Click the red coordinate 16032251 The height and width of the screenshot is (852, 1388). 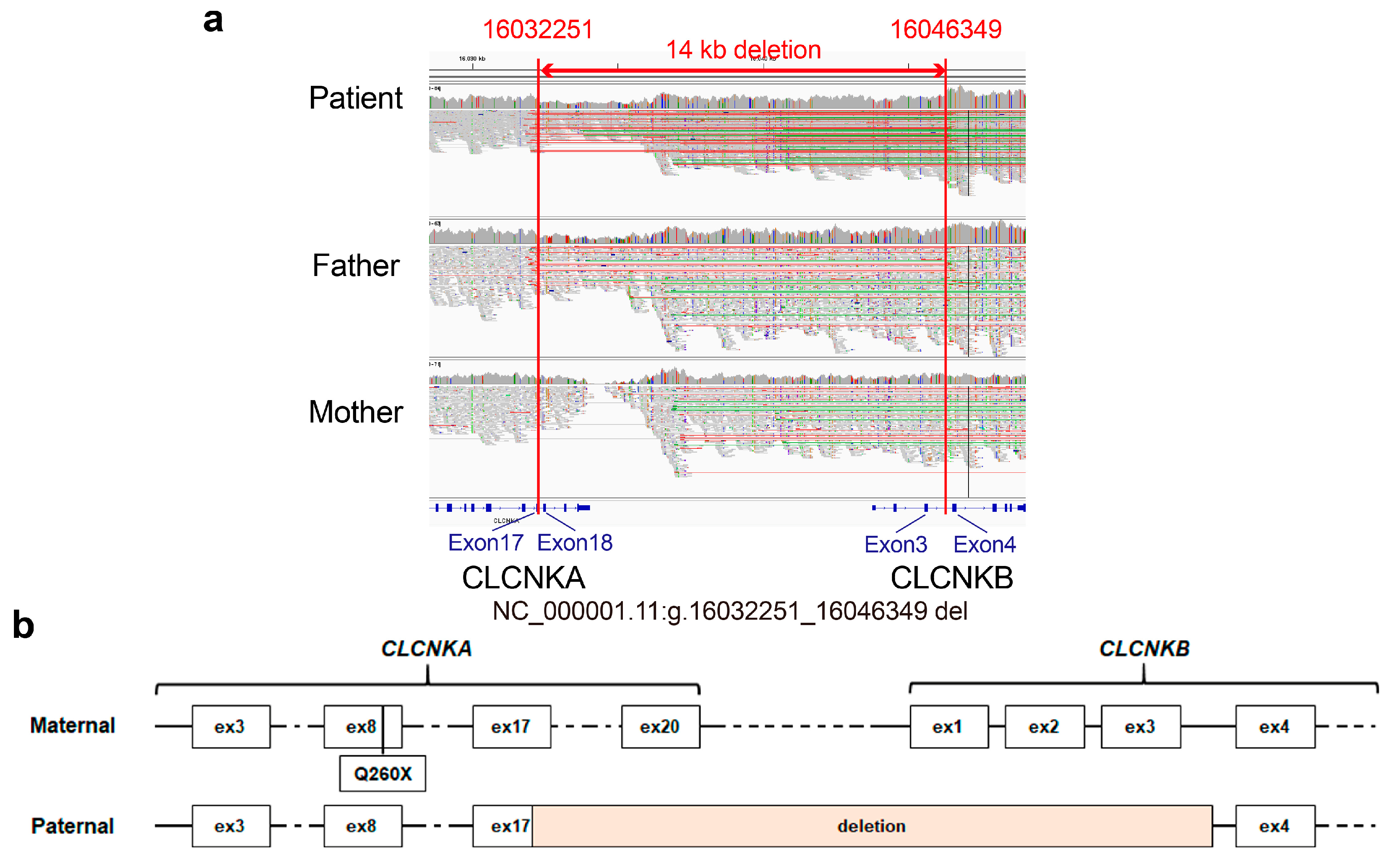pos(538,29)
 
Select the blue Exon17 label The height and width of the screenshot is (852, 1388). pos(485,543)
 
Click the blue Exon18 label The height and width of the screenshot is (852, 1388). pos(574,543)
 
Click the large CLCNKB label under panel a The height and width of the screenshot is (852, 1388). pos(951,578)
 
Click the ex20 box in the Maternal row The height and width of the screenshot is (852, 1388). pos(660,727)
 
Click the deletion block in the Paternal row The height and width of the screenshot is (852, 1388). pos(871,826)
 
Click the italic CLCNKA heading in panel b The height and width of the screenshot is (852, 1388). pos(426,649)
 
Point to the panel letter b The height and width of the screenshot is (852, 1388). pos(23,625)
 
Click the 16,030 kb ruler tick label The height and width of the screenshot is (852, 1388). pos(472,59)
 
